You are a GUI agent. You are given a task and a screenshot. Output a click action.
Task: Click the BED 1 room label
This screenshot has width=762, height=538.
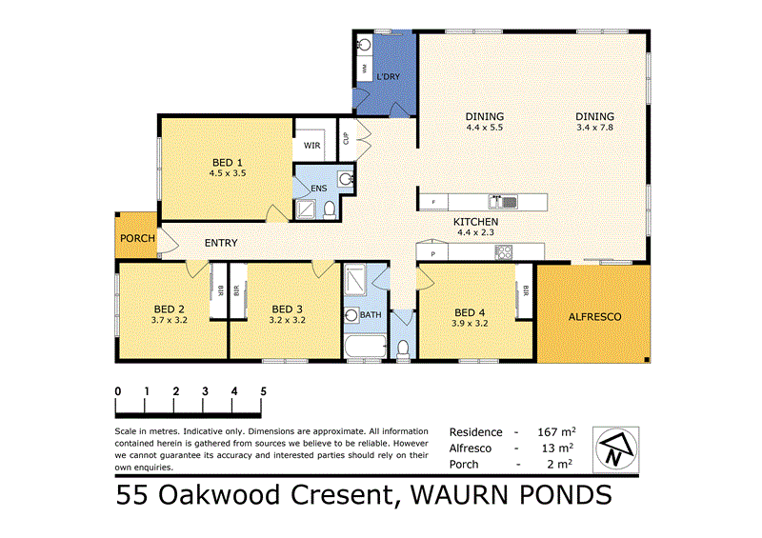click(228, 162)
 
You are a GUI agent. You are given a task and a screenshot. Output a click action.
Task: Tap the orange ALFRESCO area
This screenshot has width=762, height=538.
click(594, 316)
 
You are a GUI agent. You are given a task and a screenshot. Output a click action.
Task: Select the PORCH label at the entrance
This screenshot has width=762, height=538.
click(137, 238)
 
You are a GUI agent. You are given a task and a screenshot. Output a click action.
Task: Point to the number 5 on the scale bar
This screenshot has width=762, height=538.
click(263, 391)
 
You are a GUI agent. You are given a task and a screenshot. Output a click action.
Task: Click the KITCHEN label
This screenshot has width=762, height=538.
click(477, 221)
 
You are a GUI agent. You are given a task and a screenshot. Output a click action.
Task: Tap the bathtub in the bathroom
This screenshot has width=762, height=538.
click(365, 349)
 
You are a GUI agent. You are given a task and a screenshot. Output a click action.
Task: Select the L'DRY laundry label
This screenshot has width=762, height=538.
click(389, 76)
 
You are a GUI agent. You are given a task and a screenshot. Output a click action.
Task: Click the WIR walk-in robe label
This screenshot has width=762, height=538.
click(311, 145)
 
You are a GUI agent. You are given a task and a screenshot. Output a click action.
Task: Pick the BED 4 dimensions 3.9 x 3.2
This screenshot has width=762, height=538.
click(471, 324)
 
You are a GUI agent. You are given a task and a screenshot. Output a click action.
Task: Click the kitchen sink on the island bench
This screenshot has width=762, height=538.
click(502, 201)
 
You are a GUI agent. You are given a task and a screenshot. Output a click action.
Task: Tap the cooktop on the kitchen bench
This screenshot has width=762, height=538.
click(502, 252)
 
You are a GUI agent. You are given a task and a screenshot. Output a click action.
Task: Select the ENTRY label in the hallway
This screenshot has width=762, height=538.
click(221, 243)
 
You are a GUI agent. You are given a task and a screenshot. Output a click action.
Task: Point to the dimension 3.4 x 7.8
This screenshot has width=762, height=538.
click(595, 128)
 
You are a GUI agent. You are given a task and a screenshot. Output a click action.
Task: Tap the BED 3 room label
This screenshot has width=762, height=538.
click(287, 309)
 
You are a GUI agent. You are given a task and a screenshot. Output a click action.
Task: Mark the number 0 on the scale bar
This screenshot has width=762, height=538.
click(117, 391)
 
